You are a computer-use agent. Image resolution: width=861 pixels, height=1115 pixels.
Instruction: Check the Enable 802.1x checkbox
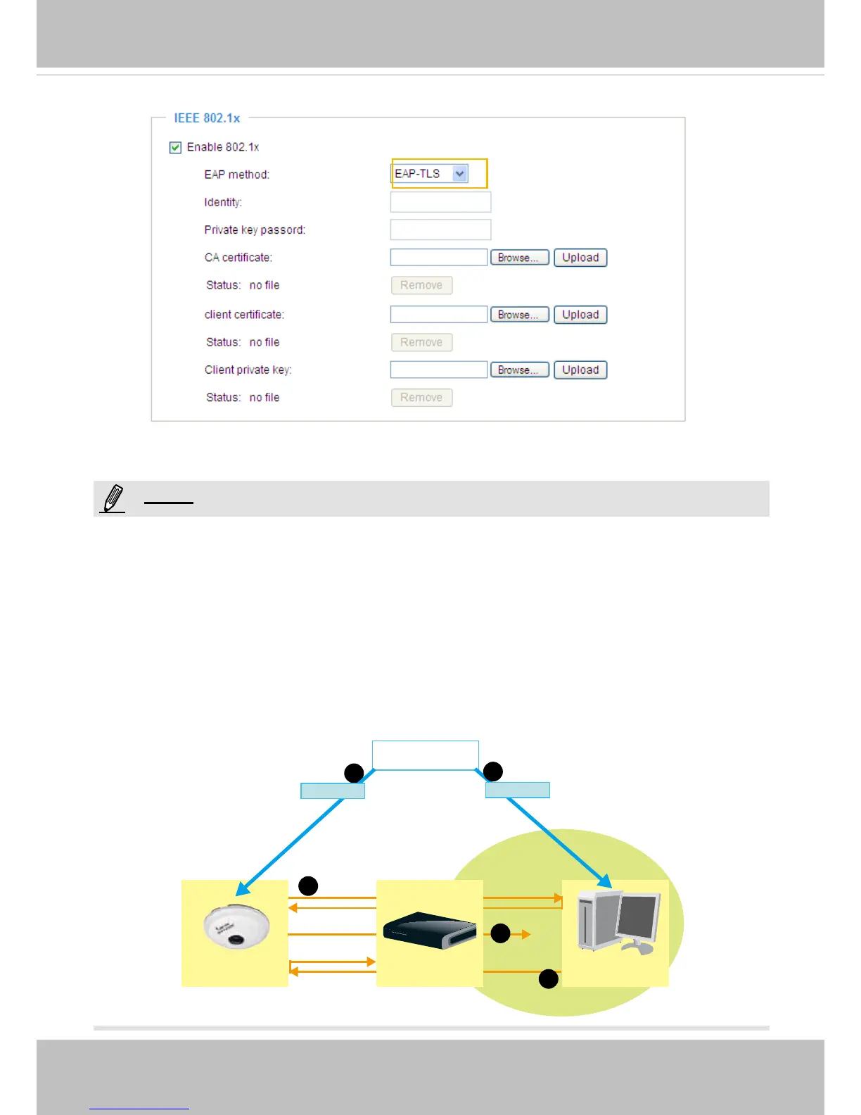[x=176, y=147]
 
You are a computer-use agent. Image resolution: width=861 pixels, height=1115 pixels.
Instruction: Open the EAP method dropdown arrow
[x=460, y=174]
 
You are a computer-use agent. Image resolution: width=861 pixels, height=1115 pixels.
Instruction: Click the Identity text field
[x=440, y=202]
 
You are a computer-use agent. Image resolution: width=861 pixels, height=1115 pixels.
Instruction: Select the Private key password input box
[x=440, y=229]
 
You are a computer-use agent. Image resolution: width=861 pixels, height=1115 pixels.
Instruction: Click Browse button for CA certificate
[x=519, y=258]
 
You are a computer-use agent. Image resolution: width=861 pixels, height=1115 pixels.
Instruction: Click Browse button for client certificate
[x=519, y=315]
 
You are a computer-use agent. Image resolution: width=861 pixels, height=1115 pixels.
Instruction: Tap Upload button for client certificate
[x=580, y=315]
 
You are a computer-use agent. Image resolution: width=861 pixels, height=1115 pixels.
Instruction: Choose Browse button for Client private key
[x=519, y=370]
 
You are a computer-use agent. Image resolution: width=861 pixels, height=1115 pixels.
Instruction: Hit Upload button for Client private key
[x=580, y=370]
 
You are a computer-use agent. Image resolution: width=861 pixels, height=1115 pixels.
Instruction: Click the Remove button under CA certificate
[x=421, y=285]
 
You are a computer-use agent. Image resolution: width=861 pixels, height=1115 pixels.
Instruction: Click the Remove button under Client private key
[x=421, y=398]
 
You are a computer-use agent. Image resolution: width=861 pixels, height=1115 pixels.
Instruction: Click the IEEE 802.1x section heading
[x=207, y=118]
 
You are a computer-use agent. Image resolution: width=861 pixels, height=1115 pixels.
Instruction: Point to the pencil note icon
[x=113, y=498]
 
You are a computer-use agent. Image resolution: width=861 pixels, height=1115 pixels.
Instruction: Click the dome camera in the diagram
[x=236, y=927]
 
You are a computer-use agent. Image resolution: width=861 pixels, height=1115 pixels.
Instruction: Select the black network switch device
[x=429, y=930]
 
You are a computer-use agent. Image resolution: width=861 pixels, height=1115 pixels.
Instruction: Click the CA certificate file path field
[x=439, y=258]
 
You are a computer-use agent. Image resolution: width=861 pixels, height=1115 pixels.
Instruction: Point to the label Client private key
[x=248, y=370]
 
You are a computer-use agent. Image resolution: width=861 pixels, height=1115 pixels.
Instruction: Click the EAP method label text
[x=236, y=175]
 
